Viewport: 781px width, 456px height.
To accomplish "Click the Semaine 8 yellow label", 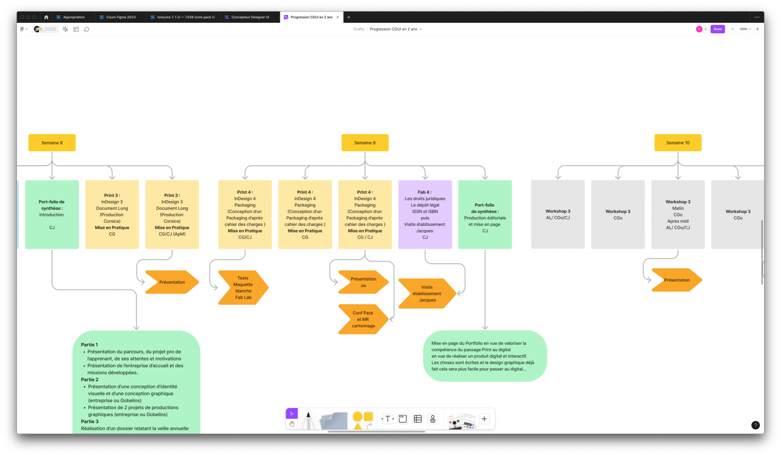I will coord(52,143).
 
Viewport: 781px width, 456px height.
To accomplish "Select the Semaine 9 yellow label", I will coord(365,143).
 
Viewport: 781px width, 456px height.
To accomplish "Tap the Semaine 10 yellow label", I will coord(678,143).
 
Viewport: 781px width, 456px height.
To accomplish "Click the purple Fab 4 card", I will coord(425,214).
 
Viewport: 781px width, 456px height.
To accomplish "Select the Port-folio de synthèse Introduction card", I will coord(52,214).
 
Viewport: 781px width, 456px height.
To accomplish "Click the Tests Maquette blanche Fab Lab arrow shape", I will coord(242,288).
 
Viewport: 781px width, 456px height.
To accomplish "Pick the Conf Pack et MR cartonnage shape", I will coord(363,319).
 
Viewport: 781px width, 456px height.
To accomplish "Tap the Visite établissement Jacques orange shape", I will coord(426,293).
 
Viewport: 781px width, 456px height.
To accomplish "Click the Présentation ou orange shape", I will coord(363,282).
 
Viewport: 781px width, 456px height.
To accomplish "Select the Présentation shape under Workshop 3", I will coord(676,280).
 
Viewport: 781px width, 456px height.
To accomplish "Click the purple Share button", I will coord(717,29).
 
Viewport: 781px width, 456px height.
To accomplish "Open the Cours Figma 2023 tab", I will coord(121,17).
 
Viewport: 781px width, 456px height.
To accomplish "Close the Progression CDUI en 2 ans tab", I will coord(338,17).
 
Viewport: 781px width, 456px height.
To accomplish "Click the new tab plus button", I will coord(349,17).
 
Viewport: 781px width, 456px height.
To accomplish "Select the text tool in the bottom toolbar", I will coord(388,419).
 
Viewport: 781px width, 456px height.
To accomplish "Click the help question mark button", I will coord(755,425).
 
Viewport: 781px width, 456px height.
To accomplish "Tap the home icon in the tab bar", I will coord(46,17).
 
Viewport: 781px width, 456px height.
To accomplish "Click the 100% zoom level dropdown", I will coord(745,29).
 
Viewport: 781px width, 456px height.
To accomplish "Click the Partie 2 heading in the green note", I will coord(89,380).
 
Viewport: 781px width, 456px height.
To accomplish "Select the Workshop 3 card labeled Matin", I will coord(678,214).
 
